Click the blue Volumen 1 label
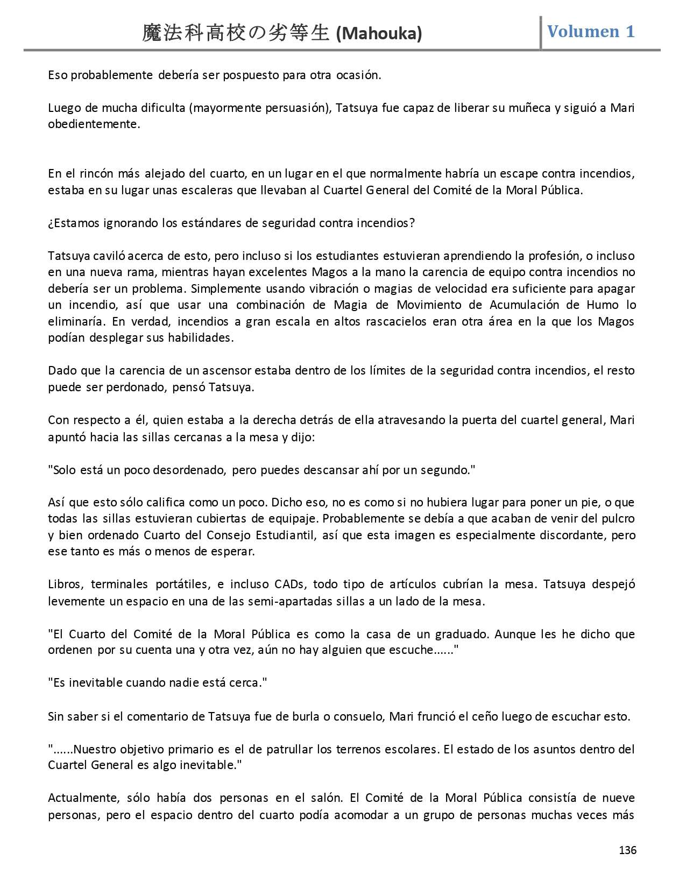click(591, 32)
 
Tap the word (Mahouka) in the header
click(379, 34)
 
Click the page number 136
click(627, 850)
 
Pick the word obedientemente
click(93, 124)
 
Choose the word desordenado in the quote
click(190, 470)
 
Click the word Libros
click(64, 584)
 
